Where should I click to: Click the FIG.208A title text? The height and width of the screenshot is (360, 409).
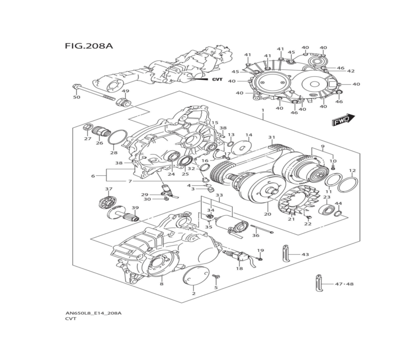point(88,45)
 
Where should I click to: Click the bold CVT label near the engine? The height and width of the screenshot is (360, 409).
point(217,79)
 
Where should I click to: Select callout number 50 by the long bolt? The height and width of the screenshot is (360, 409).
point(76,97)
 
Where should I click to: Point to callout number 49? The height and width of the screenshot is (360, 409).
point(126,91)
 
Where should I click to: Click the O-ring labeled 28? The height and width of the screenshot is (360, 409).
point(117,137)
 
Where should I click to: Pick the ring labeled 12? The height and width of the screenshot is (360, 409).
point(348,184)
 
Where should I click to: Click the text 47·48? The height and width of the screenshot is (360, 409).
point(344,284)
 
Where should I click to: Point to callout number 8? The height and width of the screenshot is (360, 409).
point(162,284)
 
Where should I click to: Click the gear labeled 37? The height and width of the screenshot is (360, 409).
point(108,202)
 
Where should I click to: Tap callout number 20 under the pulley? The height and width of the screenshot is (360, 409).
point(267,214)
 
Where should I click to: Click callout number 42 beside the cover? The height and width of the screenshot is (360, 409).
point(351,71)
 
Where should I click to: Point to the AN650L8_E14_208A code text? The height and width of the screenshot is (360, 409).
point(93,313)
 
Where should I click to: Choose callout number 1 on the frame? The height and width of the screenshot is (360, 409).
point(263,110)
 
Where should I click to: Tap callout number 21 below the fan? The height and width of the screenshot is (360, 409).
point(291,219)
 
